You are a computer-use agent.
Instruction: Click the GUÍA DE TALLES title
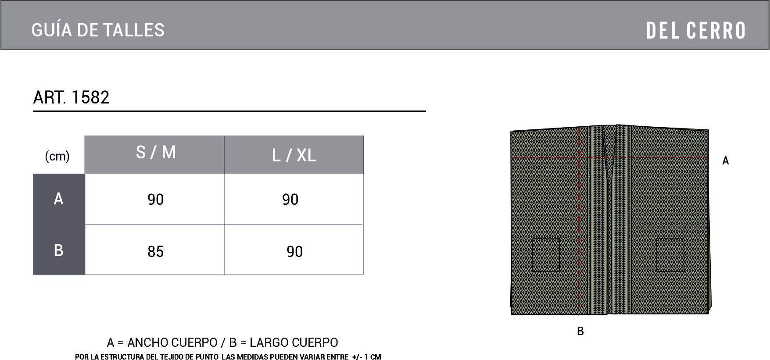98,30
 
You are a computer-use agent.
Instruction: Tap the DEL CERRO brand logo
696,30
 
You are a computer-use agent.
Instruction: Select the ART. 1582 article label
71,97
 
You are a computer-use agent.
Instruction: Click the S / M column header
156,152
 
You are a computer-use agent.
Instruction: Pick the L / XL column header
294,155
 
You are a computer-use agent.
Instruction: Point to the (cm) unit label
57,156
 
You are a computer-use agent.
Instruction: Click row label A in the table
58,199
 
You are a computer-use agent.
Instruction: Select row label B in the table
58,250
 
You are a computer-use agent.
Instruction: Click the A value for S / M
156,200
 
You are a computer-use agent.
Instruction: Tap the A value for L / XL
290,200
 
